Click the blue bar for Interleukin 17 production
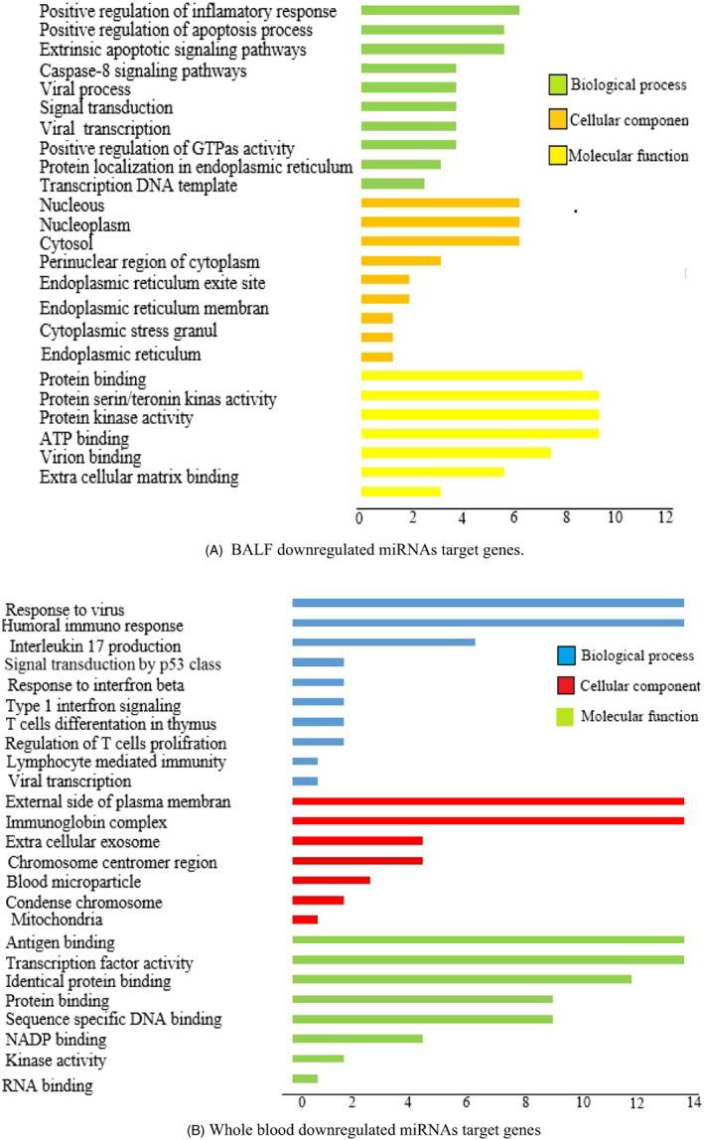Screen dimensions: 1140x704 pyautogui.click(x=383, y=642)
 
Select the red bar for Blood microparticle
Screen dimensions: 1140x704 pyautogui.click(x=331, y=880)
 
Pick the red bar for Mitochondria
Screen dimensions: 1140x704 pyautogui.click(x=305, y=920)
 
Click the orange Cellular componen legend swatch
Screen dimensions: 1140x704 pyautogui.click(x=557, y=121)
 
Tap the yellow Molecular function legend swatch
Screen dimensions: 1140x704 pyautogui.click(x=557, y=156)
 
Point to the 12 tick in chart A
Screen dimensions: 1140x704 pyautogui.click(x=664, y=517)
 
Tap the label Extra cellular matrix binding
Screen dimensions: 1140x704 pyautogui.click(x=139, y=478)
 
